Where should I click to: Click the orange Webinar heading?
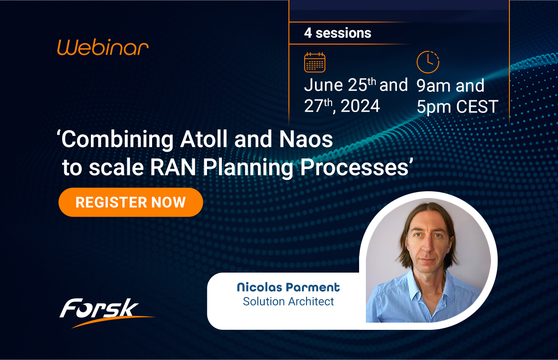pyautogui.click(x=103, y=47)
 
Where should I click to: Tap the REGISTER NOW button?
pyautogui.click(x=130, y=202)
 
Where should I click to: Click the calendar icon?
pyautogui.click(x=315, y=62)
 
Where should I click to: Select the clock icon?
pyautogui.click(x=427, y=62)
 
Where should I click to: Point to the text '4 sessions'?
pyautogui.click(x=337, y=33)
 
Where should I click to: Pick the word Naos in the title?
pyautogui.click(x=307, y=139)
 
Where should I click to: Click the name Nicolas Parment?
pyautogui.click(x=288, y=288)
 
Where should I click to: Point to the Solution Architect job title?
pyautogui.click(x=288, y=301)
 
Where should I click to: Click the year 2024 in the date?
pyautogui.click(x=360, y=106)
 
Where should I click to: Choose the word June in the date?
pyautogui.click(x=324, y=85)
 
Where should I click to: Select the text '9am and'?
pyautogui.click(x=450, y=85)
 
